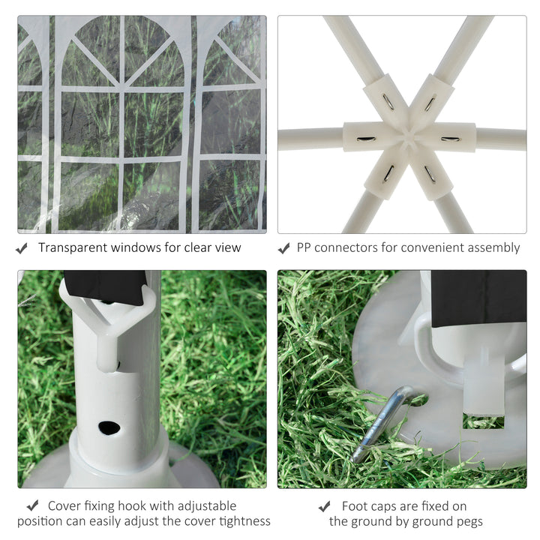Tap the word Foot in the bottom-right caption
click(x=354, y=506)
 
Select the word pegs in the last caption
click(x=469, y=522)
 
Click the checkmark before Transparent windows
click(x=22, y=248)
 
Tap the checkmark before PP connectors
click(x=283, y=248)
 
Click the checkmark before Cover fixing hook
click(x=33, y=506)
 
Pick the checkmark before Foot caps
click(x=325, y=506)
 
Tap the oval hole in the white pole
click(x=109, y=427)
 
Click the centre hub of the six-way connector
click(x=409, y=136)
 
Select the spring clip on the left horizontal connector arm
click(x=366, y=139)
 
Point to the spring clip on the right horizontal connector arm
click(x=451, y=139)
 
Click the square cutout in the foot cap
click(x=483, y=421)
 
